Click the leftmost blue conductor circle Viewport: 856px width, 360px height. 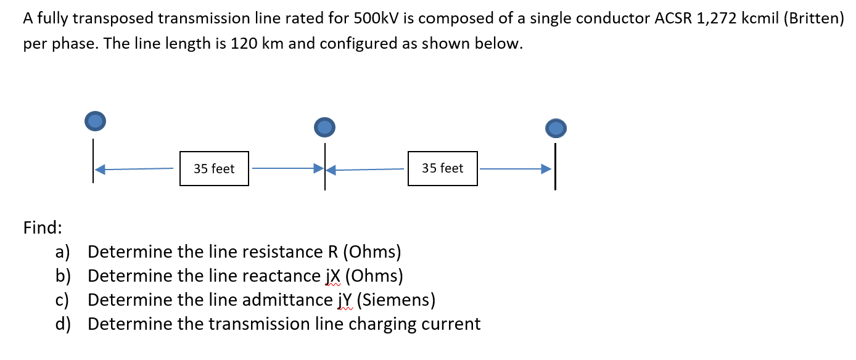click(94, 121)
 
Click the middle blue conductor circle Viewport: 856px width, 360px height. click(324, 127)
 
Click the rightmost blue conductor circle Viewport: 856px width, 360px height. click(556, 128)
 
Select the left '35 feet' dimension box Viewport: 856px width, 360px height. click(214, 168)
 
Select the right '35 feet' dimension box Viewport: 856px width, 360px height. click(442, 168)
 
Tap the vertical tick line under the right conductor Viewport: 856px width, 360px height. click(555, 166)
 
